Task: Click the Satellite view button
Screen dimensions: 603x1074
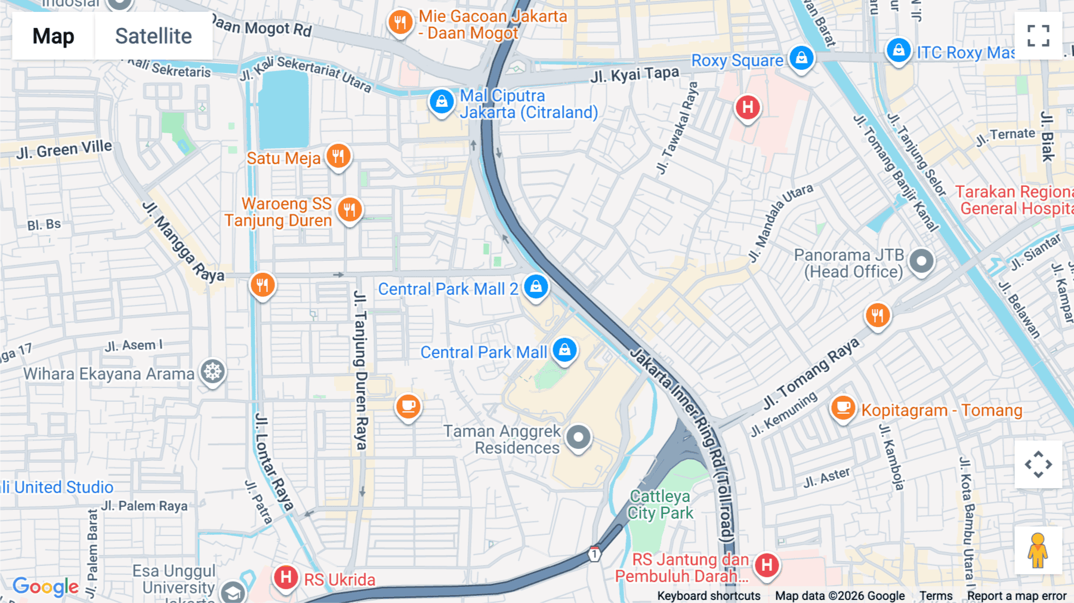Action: point(153,36)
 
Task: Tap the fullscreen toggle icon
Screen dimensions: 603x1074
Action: point(1038,36)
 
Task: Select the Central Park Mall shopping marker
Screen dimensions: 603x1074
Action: point(564,350)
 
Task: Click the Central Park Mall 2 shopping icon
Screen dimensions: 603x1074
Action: point(536,287)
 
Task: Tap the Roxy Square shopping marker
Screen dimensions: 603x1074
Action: point(801,58)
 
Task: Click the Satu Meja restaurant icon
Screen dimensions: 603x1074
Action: point(338,156)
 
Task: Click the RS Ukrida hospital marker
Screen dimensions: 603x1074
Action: point(286,577)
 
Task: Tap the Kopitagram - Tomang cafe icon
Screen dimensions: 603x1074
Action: point(843,408)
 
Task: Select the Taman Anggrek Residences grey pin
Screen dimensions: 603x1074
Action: point(578,438)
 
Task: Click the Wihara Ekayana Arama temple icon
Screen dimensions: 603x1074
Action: point(212,372)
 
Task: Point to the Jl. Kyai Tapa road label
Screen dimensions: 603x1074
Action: point(634,75)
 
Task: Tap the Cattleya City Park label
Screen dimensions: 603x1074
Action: point(661,504)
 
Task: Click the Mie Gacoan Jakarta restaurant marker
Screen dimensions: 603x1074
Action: point(400,23)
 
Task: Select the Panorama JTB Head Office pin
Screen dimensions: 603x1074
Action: point(921,261)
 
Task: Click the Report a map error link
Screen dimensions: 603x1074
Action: point(1017,596)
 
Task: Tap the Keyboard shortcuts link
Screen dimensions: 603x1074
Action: point(708,596)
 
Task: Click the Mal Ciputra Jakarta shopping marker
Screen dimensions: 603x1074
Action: point(442,101)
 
